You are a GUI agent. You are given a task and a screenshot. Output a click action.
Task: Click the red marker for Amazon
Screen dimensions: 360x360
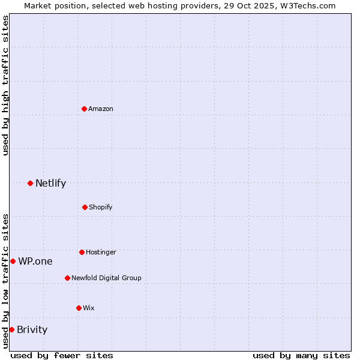coord(84,109)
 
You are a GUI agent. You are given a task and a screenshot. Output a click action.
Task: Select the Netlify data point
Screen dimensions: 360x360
coord(30,183)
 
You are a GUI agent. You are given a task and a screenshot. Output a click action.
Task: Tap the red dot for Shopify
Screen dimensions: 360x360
coord(85,207)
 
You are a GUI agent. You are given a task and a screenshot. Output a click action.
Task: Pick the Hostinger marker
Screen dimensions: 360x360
coord(82,252)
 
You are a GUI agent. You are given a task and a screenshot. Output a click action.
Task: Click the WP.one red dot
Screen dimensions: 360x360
coord(13,261)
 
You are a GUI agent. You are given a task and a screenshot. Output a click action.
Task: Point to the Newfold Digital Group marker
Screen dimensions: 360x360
coord(67,278)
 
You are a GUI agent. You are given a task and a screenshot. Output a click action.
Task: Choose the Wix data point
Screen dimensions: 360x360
coord(79,308)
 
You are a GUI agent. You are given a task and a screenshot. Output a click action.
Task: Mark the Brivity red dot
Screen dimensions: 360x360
coord(11,329)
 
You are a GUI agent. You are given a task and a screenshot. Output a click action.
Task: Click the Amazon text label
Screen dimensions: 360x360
coord(101,109)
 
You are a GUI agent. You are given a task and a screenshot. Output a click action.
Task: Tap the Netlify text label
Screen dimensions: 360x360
coord(50,183)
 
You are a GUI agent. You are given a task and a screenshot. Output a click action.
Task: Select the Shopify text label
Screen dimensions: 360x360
coord(101,207)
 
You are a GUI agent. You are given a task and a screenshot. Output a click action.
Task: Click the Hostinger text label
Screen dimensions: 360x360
coord(101,252)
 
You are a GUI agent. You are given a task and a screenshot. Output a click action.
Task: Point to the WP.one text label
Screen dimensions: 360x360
coord(35,261)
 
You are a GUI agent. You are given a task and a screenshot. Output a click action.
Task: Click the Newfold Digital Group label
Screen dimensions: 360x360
coord(106,278)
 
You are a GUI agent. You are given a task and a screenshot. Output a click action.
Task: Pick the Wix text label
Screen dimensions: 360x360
coord(89,308)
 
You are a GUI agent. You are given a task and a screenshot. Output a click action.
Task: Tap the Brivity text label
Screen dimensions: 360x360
coord(32,329)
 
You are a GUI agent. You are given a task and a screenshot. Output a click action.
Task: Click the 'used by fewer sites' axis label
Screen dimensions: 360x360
coord(62,355)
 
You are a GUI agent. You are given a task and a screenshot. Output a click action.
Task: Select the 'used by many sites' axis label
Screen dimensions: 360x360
coord(301,355)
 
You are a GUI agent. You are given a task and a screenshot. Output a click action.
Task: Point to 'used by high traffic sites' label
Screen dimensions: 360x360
coord(5,85)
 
